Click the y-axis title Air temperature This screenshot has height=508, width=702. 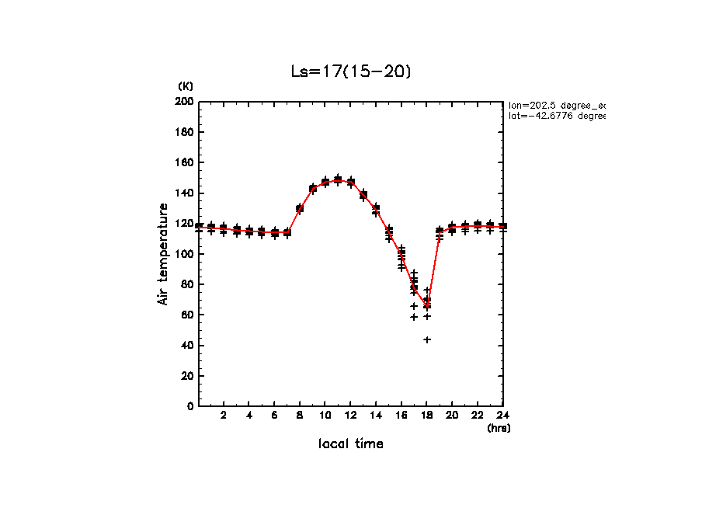[x=163, y=254]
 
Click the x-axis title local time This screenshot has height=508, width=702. [x=350, y=444]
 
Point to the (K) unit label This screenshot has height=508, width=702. [x=186, y=86]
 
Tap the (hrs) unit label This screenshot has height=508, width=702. [x=499, y=427]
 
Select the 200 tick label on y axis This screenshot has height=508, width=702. [x=184, y=102]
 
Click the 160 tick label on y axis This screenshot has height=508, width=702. [x=184, y=162]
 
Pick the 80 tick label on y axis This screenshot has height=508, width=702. [x=187, y=284]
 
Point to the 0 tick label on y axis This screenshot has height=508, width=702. [x=190, y=406]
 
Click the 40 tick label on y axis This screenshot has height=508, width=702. [x=187, y=345]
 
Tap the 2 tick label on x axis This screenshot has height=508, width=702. [x=224, y=416]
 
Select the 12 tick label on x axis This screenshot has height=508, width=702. [x=350, y=416]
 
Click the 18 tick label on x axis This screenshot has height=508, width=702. [x=426, y=416]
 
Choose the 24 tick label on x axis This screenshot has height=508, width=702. [x=502, y=416]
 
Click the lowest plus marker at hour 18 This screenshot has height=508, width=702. [x=427, y=339]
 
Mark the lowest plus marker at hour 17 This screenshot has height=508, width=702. [x=414, y=317]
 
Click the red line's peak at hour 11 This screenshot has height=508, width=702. [x=338, y=180]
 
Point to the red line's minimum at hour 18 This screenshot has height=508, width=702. [x=426, y=304]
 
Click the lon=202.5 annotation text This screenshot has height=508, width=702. [x=556, y=104]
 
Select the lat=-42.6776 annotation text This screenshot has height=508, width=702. [x=556, y=116]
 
